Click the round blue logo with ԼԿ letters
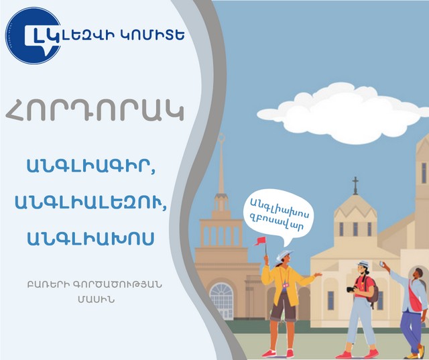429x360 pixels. (33, 36)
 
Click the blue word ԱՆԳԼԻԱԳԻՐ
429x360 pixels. (91, 166)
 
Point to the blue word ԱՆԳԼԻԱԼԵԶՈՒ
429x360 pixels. (90, 202)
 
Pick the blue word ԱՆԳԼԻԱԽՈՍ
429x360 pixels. (90, 239)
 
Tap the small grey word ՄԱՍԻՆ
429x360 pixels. (96, 300)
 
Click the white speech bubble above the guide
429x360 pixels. (279, 215)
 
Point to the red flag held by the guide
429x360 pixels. (260, 241)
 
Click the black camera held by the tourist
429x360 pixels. (352, 289)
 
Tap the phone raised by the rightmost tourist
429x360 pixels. (381, 264)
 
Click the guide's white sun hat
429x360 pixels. (284, 255)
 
